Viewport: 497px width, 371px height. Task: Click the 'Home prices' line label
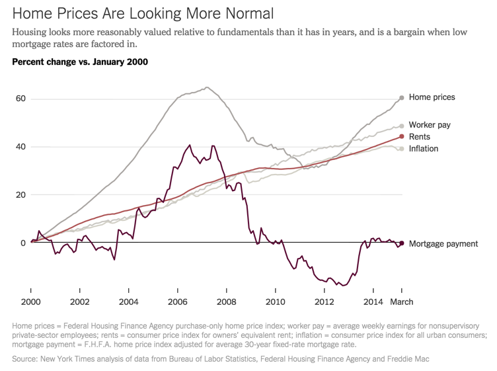click(432, 97)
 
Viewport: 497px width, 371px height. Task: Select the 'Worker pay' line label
click(430, 125)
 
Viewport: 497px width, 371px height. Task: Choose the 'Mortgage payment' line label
click(443, 243)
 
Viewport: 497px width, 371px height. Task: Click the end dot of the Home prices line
click(401, 98)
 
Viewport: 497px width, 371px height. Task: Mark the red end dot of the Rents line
click(401, 137)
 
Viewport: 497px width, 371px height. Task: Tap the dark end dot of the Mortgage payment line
click(401, 243)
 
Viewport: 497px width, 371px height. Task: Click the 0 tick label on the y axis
click(22, 243)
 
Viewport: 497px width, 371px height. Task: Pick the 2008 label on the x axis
click(226, 302)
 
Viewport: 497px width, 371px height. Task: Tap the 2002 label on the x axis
click(79, 302)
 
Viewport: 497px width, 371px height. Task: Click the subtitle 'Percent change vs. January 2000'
click(79, 62)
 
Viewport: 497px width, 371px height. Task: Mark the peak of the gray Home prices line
click(207, 87)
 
